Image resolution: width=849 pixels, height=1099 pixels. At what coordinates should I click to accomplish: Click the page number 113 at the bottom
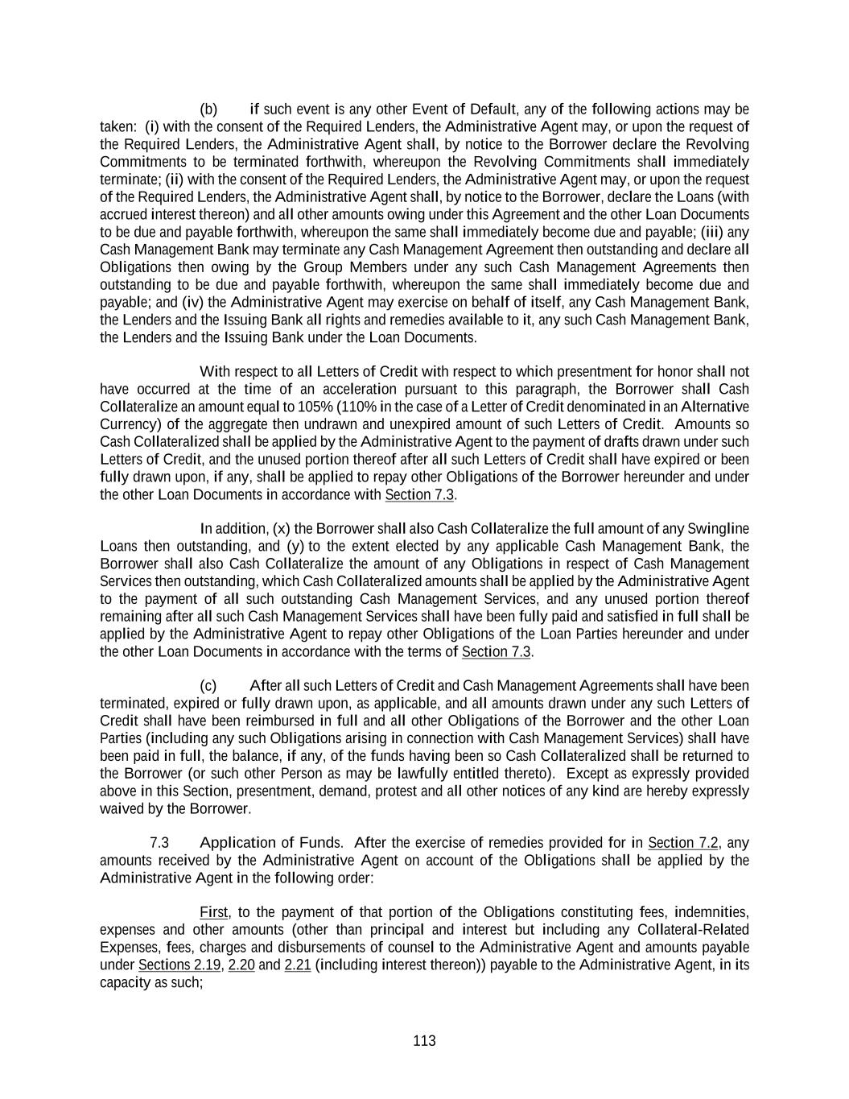[424, 1041]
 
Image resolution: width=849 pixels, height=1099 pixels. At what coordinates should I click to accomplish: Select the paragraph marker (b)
[208, 109]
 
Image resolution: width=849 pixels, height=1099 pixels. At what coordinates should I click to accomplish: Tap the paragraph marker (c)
[208, 686]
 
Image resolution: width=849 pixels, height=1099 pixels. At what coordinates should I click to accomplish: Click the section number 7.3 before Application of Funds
[159, 843]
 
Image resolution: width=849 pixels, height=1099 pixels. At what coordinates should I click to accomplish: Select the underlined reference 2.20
[241, 965]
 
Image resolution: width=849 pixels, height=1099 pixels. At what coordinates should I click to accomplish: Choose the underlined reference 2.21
[298, 965]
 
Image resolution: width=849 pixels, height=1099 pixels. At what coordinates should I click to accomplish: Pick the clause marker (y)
[292, 547]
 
